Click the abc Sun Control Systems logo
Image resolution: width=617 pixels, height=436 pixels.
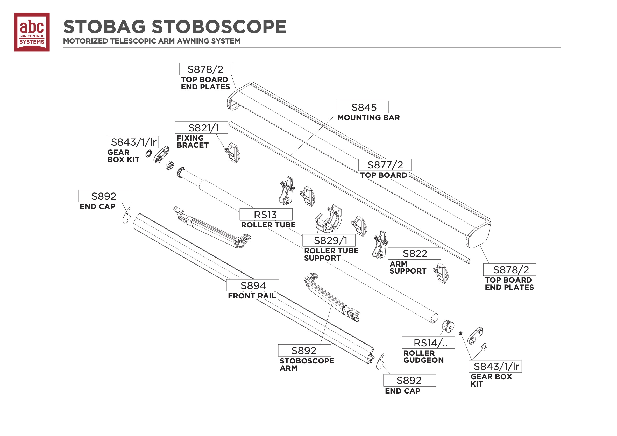[x=32, y=32]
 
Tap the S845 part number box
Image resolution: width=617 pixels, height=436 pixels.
[x=362, y=107]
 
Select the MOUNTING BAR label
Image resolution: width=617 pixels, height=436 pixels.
[x=368, y=118]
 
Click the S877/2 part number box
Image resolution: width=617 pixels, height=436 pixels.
[x=385, y=165]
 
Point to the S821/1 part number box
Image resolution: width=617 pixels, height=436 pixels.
[x=201, y=128]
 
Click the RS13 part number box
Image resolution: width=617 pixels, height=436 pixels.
[x=266, y=215]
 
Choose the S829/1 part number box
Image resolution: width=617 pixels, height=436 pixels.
[x=329, y=240]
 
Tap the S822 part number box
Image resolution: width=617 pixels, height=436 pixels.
[x=414, y=253]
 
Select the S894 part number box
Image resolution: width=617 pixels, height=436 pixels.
[x=253, y=285]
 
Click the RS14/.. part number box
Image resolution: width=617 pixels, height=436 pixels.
[x=428, y=343]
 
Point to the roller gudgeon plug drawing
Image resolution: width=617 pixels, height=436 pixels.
[x=448, y=326]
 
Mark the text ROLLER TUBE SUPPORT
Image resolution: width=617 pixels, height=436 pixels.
[x=331, y=254]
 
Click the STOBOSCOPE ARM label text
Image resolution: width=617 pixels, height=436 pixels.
[x=307, y=364]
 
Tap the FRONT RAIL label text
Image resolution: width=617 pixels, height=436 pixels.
[x=252, y=296]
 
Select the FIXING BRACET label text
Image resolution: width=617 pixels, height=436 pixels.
[x=193, y=141]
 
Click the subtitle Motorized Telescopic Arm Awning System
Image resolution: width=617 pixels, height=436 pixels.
[x=152, y=41]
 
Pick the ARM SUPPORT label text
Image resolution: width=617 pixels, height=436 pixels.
[x=408, y=267]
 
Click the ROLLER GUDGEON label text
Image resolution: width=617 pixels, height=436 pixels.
[x=423, y=356]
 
